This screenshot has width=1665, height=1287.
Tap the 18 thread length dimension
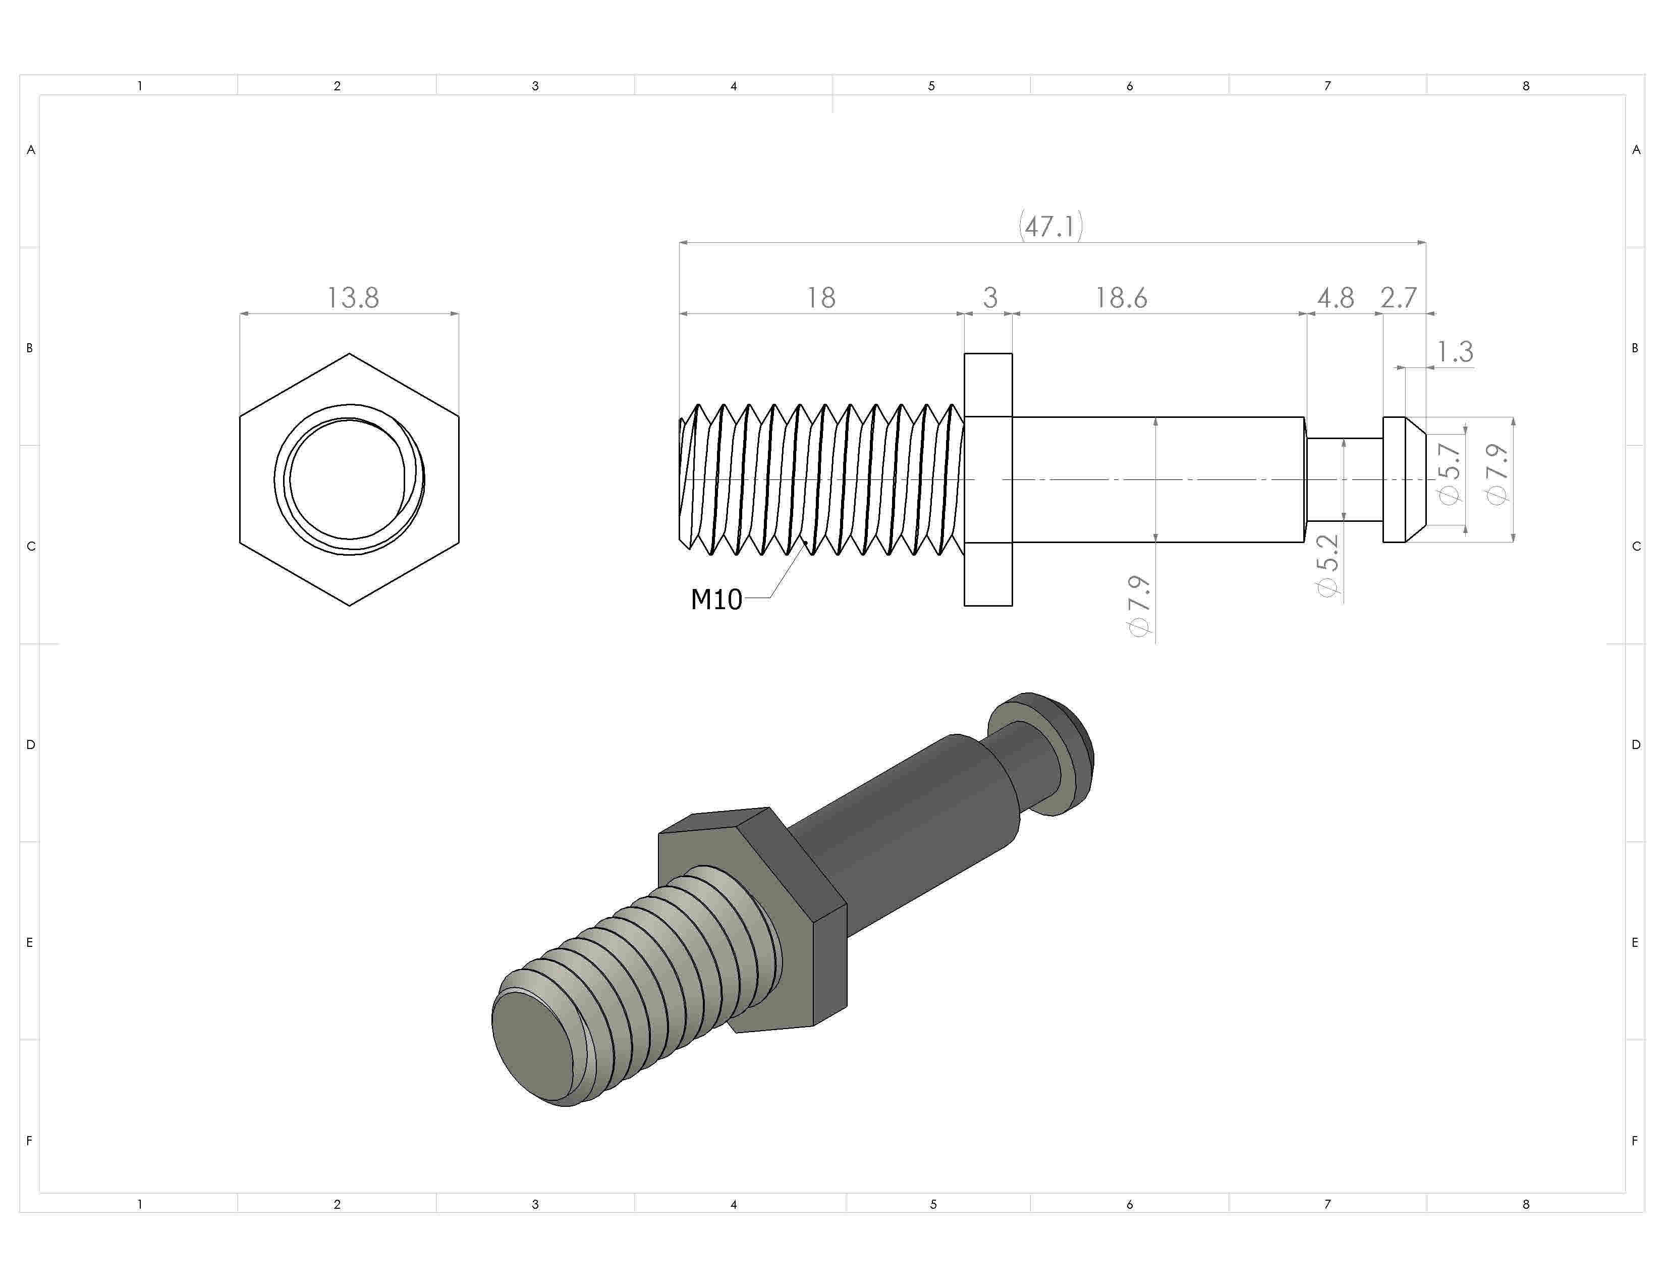[821, 297]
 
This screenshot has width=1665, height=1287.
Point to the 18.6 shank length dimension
[1121, 297]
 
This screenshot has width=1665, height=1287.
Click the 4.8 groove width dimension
[1335, 297]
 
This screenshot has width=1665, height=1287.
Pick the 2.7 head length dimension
[1398, 297]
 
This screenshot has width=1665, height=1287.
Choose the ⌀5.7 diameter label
[1449, 473]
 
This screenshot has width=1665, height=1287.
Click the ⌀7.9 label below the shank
[1139, 606]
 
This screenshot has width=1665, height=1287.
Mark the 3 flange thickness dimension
[989, 297]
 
